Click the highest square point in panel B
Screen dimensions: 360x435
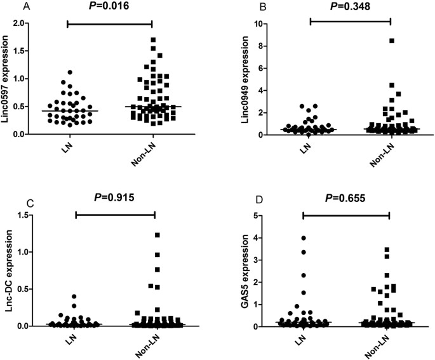coord(392,41)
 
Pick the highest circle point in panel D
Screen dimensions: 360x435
coord(304,238)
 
